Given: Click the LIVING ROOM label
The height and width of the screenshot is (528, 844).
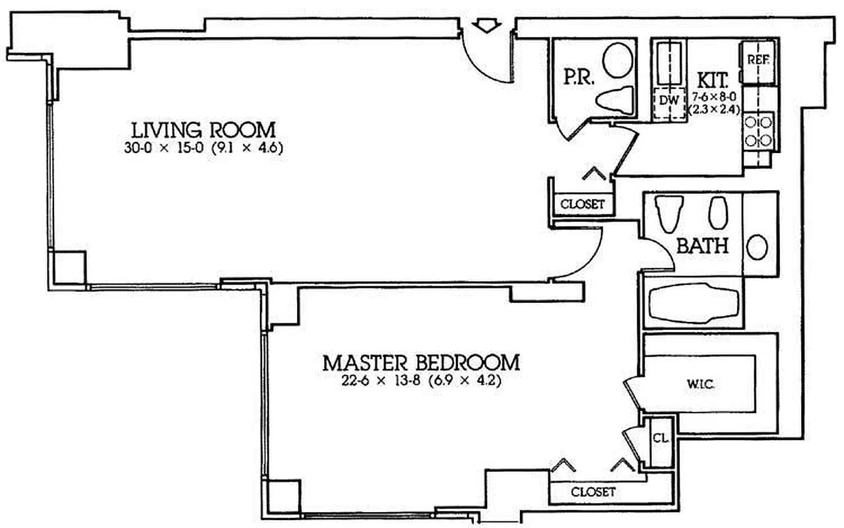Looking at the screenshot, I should (x=203, y=129).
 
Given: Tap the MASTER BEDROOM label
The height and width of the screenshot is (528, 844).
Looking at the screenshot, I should (x=420, y=362).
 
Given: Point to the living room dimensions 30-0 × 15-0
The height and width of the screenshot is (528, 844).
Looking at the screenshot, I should (x=203, y=148).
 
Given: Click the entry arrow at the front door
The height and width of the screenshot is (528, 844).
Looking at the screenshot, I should (x=486, y=26).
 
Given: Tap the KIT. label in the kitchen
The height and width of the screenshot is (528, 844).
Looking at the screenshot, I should (x=713, y=81).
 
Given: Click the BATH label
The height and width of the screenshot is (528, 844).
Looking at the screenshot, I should (x=702, y=247).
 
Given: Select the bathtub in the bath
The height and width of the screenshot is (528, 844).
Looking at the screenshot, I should (x=692, y=303).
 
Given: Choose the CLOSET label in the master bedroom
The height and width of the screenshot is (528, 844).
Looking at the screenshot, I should (x=593, y=492).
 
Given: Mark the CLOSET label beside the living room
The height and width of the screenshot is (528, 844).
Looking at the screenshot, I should (x=582, y=204).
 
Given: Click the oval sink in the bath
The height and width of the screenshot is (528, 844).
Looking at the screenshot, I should (x=757, y=247).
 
